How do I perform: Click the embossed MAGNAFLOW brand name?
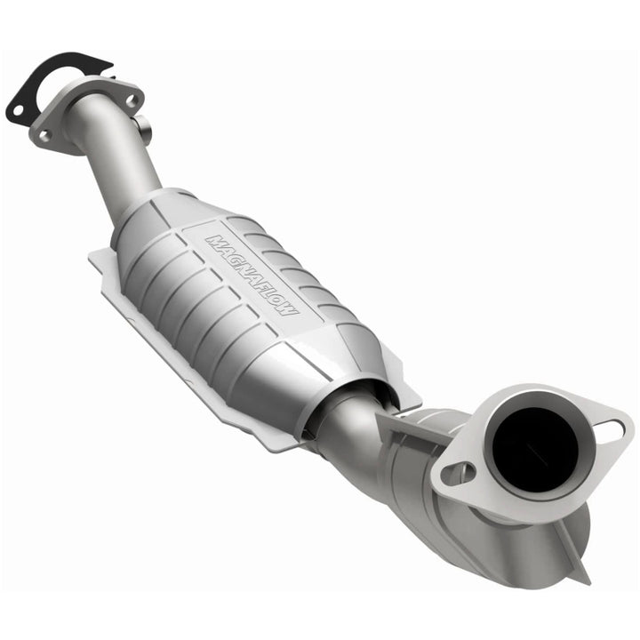point(254,276)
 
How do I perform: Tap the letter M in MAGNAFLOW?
point(213,240)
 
